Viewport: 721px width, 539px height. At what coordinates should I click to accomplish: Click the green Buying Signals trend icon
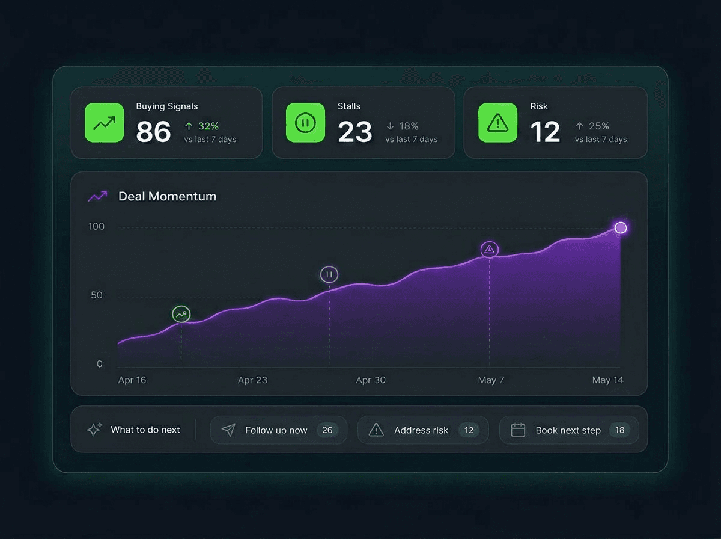pyautogui.click(x=105, y=123)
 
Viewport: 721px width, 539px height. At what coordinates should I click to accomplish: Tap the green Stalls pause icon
pyautogui.click(x=305, y=123)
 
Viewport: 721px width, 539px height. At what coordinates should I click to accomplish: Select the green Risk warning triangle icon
pyautogui.click(x=497, y=123)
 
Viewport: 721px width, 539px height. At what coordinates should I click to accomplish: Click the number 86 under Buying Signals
pyautogui.click(x=153, y=132)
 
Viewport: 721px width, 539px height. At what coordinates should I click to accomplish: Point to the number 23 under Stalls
pyautogui.click(x=354, y=132)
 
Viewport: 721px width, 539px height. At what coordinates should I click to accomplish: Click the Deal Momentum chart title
pyautogui.click(x=167, y=196)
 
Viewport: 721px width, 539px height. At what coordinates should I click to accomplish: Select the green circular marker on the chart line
pyautogui.click(x=181, y=314)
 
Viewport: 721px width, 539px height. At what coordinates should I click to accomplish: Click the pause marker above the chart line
pyautogui.click(x=329, y=274)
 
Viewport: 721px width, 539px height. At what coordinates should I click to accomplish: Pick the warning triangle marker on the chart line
pyautogui.click(x=490, y=250)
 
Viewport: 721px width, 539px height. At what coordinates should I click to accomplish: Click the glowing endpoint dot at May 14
pyautogui.click(x=621, y=227)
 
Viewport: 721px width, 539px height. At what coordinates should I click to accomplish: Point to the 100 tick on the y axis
pyautogui.click(x=96, y=226)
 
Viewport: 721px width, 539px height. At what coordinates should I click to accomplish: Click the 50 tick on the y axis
pyautogui.click(x=97, y=295)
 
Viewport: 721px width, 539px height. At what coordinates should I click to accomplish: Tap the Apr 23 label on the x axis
pyautogui.click(x=252, y=380)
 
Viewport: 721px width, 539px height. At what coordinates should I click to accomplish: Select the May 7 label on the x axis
pyautogui.click(x=491, y=380)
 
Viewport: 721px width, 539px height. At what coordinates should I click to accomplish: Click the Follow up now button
pyautogui.click(x=279, y=430)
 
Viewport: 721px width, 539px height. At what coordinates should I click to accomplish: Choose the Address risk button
pyautogui.click(x=423, y=430)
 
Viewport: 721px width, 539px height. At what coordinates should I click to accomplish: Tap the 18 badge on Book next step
pyautogui.click(x=620, y=430)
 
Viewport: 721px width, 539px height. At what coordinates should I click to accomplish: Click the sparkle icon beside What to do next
pyautogui.click(x=94, y=430)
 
